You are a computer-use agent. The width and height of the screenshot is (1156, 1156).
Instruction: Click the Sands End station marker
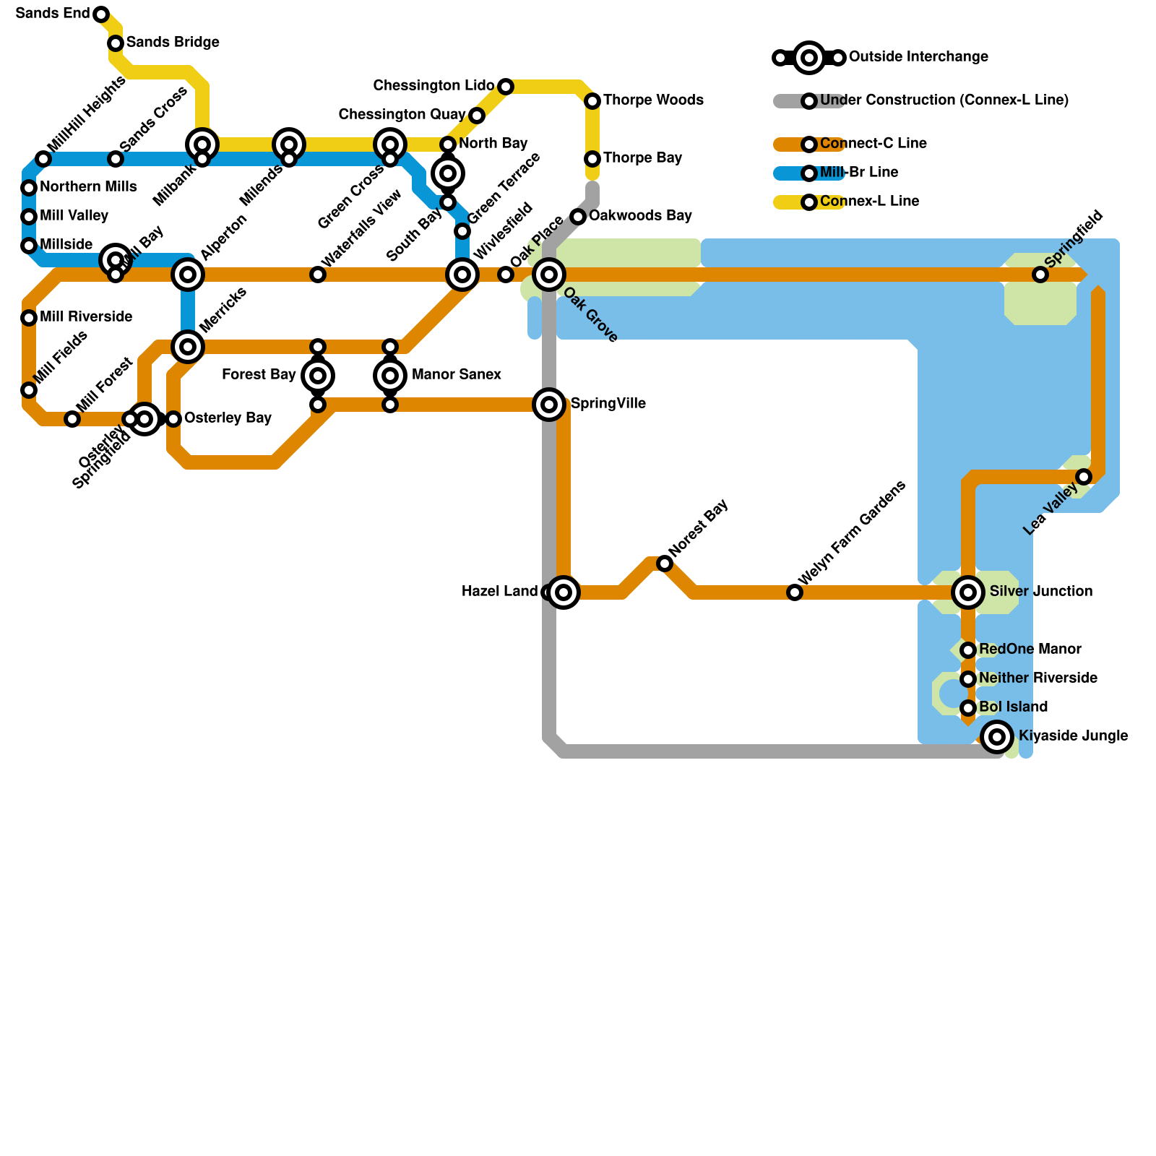click(101, 14)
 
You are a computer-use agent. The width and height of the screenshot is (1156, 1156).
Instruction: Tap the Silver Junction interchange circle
click(968, 592)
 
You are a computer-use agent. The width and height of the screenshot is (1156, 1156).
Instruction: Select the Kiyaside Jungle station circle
click(997, 737)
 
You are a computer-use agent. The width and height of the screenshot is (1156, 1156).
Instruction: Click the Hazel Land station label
click(499, 592)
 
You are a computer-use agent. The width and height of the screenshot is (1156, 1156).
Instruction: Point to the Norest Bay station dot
click(665, 564)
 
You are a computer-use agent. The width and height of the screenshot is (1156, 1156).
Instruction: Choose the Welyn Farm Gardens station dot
click(795, 592)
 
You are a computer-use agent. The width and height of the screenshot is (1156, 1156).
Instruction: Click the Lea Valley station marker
click(1084, 477)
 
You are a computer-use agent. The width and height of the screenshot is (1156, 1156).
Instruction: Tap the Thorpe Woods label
click(653, 100)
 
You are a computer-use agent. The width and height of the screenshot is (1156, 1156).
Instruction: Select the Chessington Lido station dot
click(506, 87)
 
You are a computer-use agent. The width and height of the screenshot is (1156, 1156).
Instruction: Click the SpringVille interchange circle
click(549, 405)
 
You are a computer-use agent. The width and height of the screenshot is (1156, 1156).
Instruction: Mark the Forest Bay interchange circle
click(318, 376)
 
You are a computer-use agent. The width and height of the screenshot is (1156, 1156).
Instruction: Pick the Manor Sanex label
click(456, 375)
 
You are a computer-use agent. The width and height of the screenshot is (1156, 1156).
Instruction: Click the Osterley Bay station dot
click(173, 419)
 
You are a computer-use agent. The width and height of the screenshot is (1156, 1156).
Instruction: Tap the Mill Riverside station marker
click(29, 318)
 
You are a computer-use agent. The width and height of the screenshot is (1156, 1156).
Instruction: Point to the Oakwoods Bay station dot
click(578, 217)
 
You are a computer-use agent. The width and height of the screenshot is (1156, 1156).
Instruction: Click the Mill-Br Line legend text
click(859, 173)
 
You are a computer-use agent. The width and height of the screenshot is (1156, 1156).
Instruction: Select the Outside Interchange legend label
click(918, 57)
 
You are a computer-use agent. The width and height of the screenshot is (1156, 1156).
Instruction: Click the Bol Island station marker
click(968, 708)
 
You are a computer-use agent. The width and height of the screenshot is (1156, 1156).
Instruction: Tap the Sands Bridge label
click(173, 43)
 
